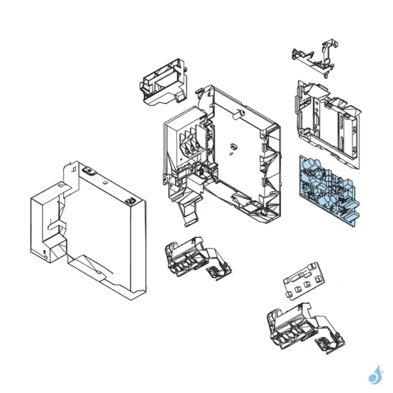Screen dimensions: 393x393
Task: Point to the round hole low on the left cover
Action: click(x=45, y=253)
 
